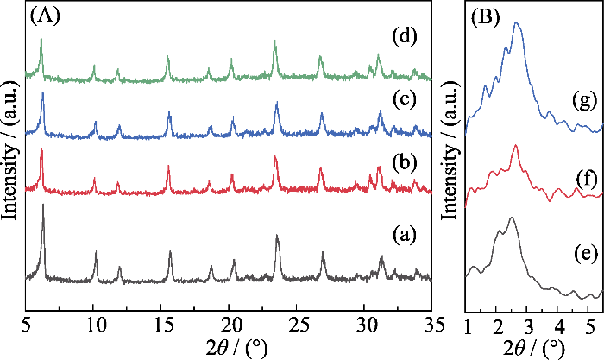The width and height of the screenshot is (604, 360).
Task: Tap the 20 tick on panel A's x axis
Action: tap(229, 323)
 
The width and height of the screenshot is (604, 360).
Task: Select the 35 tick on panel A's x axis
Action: tap(431, 323)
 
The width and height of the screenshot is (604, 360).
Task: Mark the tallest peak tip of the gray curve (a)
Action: tap(43, 205)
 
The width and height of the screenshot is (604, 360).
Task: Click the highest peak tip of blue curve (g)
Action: tap(516, 22)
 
